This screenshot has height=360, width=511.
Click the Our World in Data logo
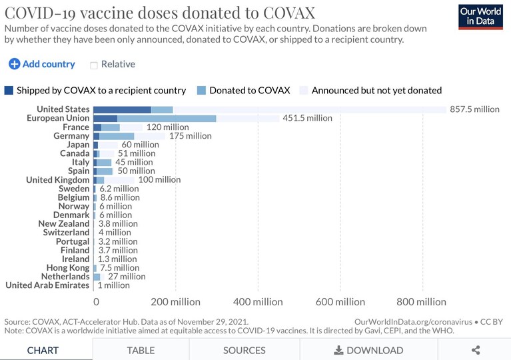(x=480, y=17)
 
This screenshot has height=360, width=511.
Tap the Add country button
(x=42, y=64)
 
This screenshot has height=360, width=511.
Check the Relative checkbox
(x=93, y=65)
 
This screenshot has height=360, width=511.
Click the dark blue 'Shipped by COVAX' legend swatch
(x=9, y=90)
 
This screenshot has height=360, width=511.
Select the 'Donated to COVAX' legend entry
(x=243, y=90)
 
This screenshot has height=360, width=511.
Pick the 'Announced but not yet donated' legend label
(x=376, y=90)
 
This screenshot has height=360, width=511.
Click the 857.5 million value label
(x=474, y=109)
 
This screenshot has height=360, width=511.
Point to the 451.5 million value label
(x=307, y=118)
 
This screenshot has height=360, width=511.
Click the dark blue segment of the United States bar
(x=122, y=109)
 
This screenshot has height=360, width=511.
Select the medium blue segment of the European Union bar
(x=167, y=119)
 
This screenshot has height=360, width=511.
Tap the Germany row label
(x=71, y=135)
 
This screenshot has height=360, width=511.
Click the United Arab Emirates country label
(x=47, y=285)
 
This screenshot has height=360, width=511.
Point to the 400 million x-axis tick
(x=258, y=302)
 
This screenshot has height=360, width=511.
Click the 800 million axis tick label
(x=421, y=302)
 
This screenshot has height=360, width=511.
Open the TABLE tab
(x=141, y=350)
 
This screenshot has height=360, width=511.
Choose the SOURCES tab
(x=245, y=350)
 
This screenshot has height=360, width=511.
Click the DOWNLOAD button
(x=368, y=350)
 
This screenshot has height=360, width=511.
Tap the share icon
(x=476, y=350)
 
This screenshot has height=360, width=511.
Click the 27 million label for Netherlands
(x=127, y=277)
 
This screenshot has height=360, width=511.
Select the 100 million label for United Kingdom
(x=159, y=180)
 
